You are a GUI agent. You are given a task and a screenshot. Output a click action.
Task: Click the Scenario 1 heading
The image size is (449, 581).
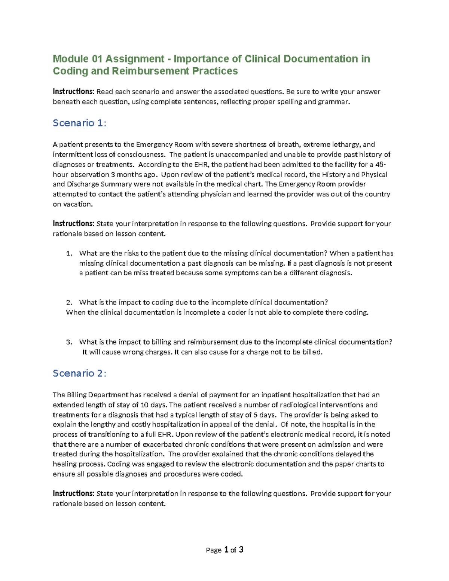[x=79, y=123]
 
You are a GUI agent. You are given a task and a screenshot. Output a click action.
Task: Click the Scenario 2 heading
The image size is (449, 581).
[x=79, y=373]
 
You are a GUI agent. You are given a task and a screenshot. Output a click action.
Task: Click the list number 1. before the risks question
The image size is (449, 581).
[x=69, y=254]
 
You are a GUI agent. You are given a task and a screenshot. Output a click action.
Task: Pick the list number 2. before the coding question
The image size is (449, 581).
[x=69, y=303]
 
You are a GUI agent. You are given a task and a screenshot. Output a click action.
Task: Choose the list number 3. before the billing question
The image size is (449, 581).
[x=69, y=342]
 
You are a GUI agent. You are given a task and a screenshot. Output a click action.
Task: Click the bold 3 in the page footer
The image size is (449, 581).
[x=241, y=550]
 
